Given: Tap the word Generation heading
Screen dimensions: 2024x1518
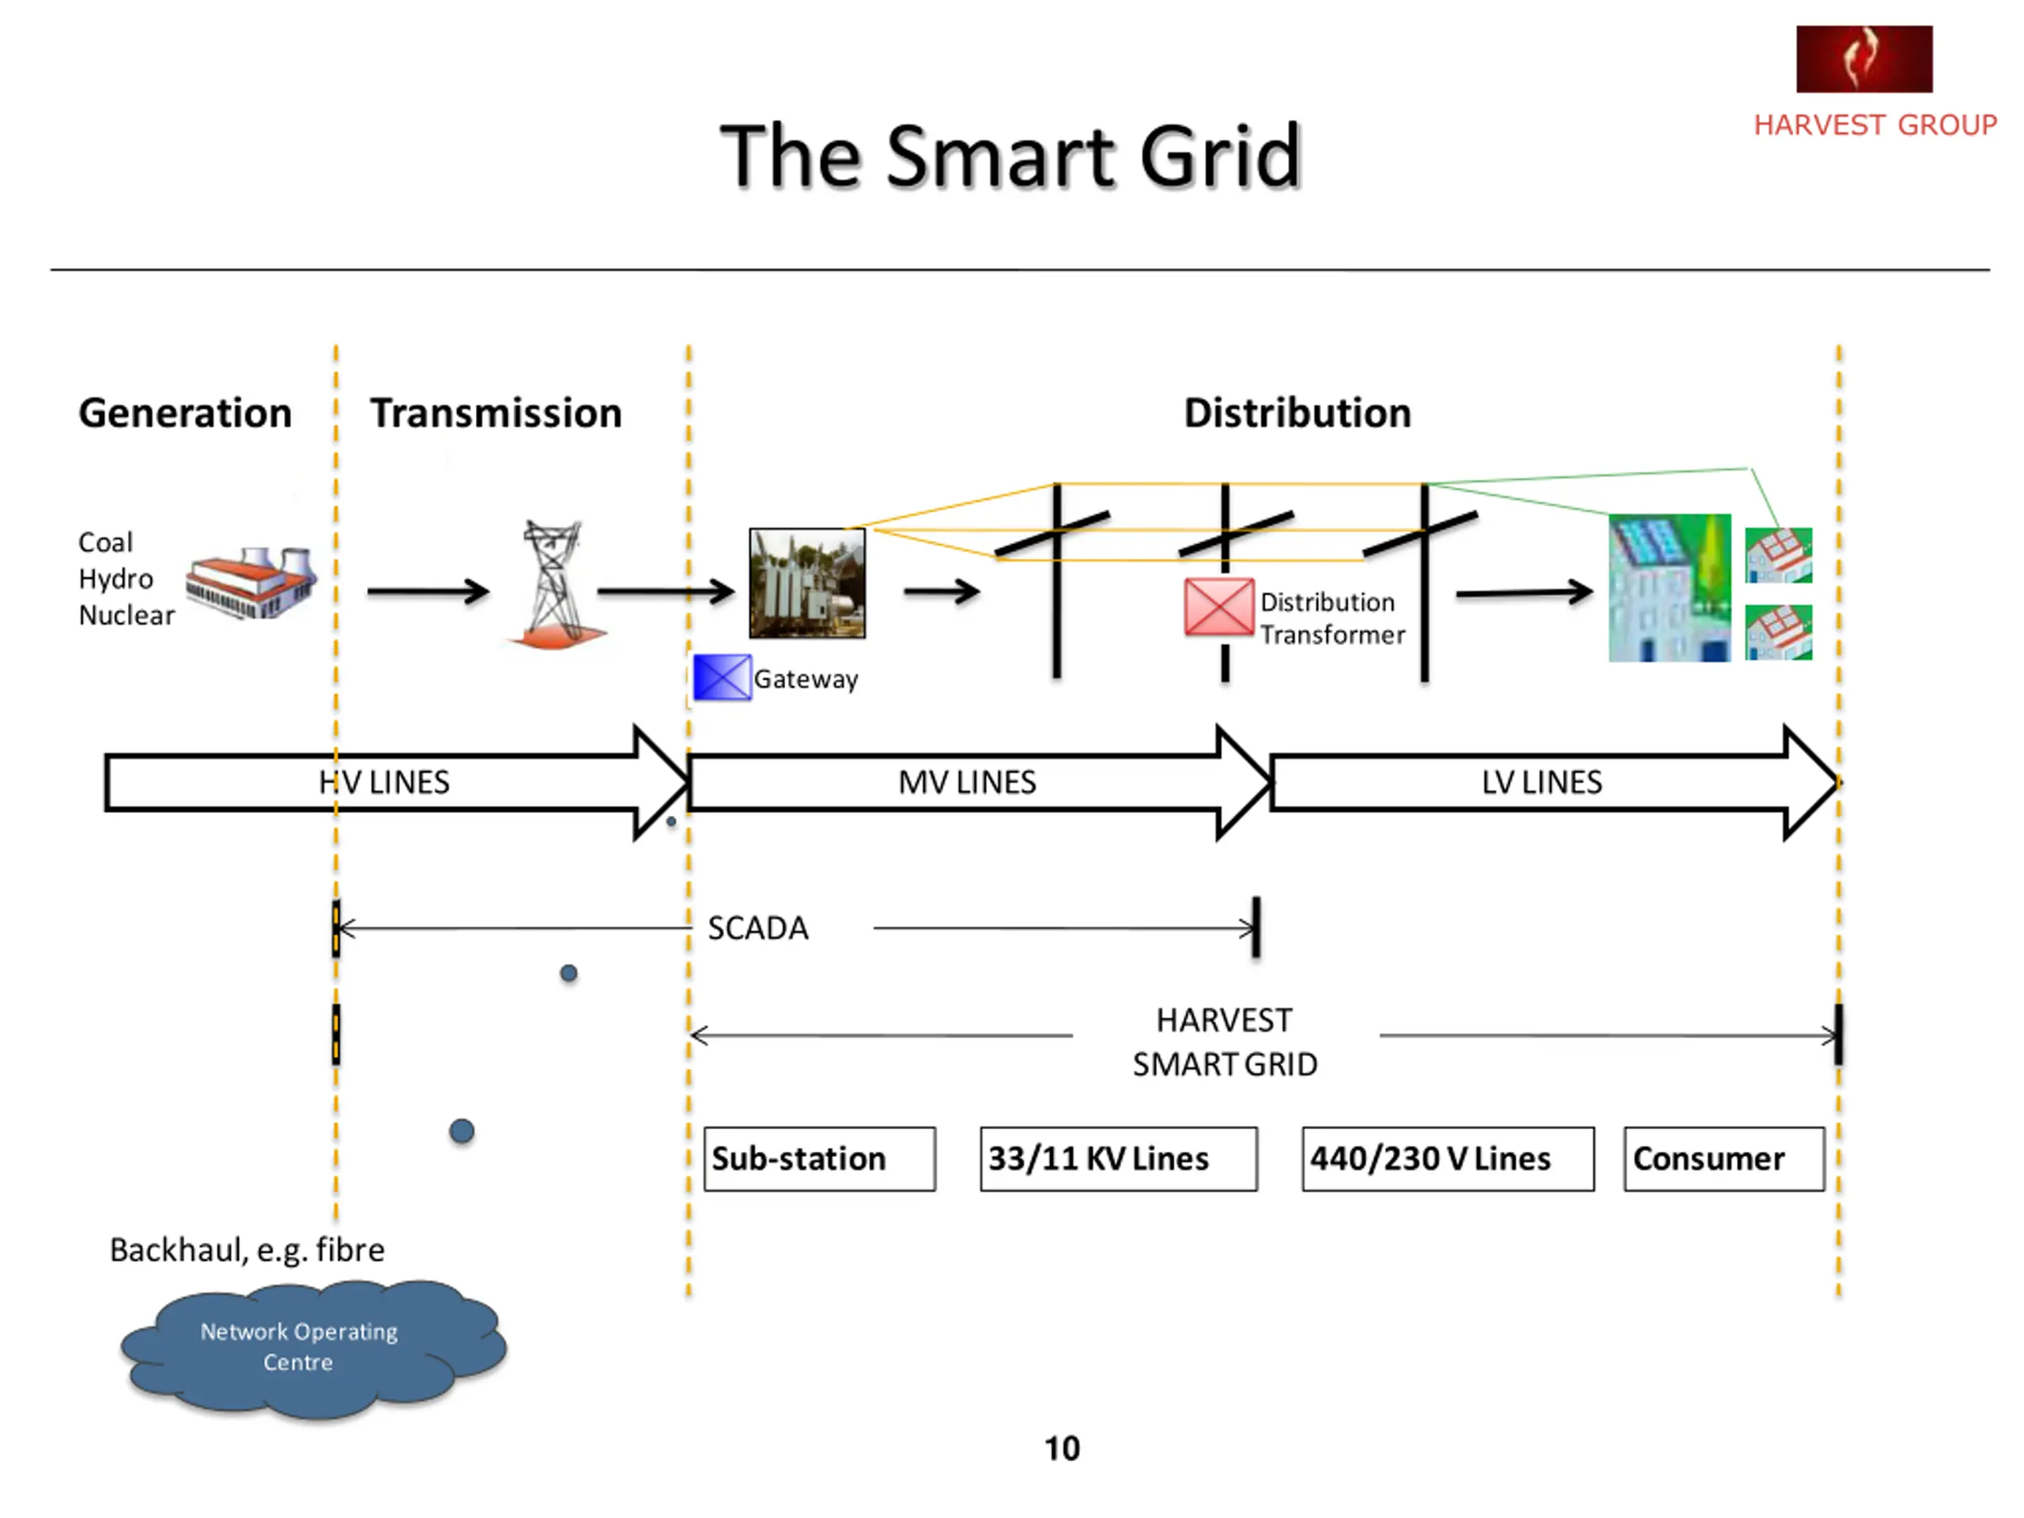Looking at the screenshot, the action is coord(185,413).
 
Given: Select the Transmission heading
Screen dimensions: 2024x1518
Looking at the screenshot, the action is coord(496,413).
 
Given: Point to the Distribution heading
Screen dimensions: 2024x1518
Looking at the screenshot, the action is coord(1297,413).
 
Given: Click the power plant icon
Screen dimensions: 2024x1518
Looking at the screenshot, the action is coord(251,583).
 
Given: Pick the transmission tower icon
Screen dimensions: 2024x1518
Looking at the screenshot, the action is coord(554,583).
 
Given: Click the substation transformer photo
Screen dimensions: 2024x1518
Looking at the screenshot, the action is coord(807,583).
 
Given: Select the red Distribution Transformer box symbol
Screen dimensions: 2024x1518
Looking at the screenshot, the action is coord(1219,606).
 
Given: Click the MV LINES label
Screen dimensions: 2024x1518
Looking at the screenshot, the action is coord(967,783).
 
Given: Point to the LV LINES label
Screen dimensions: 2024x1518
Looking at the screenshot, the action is coord(1542,783).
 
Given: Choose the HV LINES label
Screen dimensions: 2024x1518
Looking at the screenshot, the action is coord(384,783).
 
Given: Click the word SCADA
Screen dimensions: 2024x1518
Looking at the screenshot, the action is coord(758,928).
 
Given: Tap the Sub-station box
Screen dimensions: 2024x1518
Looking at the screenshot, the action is coord(820,1158).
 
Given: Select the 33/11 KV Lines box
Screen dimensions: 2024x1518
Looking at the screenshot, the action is coord(1119,1158).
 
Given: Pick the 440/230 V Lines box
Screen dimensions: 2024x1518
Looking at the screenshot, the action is coord(1448,1158).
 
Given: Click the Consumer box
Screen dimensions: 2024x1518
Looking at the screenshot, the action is coord(1725,1158).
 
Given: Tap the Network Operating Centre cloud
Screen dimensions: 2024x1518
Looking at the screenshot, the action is coord(314,1348).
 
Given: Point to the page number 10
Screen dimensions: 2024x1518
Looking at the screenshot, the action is coord(1063,1448).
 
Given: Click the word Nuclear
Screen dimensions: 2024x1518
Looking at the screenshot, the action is coord(126,615).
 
